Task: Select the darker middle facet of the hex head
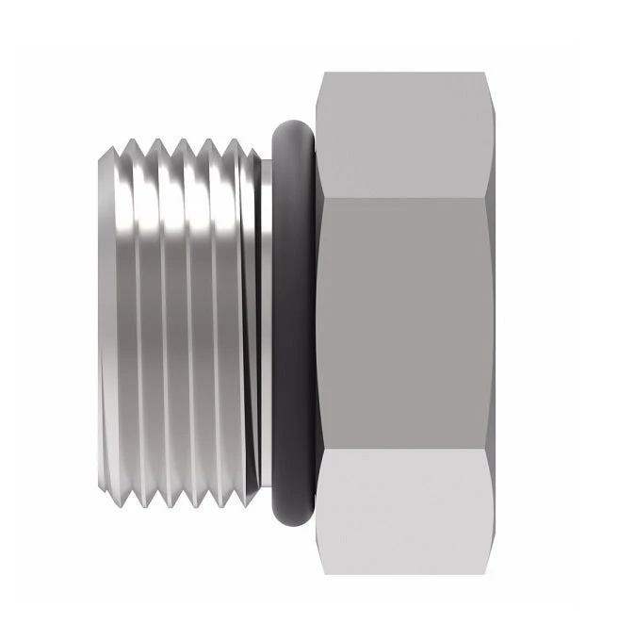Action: [x=405, y=320]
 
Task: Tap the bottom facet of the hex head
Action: [x=405, y=509]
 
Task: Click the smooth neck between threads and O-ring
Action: [x=264, y=320]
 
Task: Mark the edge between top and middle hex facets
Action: [x=405, y=197]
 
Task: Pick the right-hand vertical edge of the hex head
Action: [x=491, y=320]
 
